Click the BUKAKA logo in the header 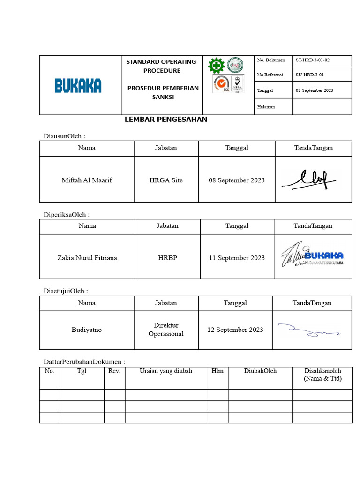pyautogui.click(x=78, y=85)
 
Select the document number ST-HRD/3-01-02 pyautogui.click(x=313, y=60)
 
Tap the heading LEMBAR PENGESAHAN pyautogui.click(x=166, y=120)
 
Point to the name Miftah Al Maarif pyautogui.click(x=87, y=180)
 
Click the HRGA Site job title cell pyautogui.click(x=166, y=180)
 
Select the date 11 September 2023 pyautogui.click(x=237, y=258)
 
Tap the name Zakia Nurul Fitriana pyautogui.click(x=87, y=258)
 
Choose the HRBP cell pyautogui.click(x=167, y=258)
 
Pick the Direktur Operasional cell pyautogui.click(x=166, y=330)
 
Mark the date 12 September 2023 pyautogui.click(x=235, y=330)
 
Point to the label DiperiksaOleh pyautogui.click(x=66, y=215)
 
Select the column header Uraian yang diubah pyautogui.click(x=166, y=371)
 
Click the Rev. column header pyautogui.click(x=114, y=371)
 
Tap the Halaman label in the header pyautogui.click(x=266, y=107)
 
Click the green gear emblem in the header pyautogui.click(x=216, y=66)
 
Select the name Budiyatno pyautogui.click(x=87, y=330)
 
